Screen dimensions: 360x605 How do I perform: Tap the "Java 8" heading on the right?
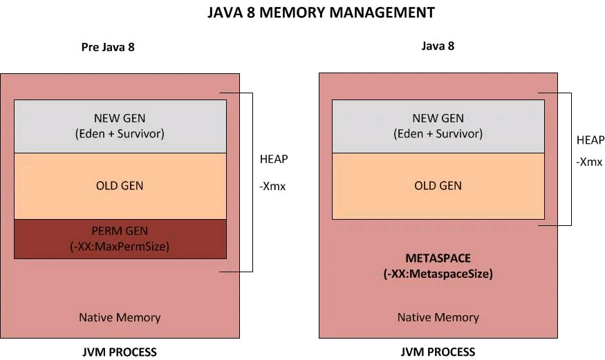coord(438,46)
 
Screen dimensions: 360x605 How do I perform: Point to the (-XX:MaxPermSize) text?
coord(120,246)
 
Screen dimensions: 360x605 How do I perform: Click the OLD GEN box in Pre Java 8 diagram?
coord(120,186)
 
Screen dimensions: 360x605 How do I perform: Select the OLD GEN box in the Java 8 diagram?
coord(438,186)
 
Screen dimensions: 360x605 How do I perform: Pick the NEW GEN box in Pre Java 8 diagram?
coord(120,126)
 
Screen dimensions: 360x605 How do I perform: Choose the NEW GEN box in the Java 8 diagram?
coord(438,126)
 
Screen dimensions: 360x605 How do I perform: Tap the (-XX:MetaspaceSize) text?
coord(438,274)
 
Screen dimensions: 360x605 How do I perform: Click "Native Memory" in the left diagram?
coord(120,318)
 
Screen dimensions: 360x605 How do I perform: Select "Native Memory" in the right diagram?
coord(438,318)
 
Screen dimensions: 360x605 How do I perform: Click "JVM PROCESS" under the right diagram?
coord(438,352)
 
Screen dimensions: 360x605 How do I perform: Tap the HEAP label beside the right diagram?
coord(590,140)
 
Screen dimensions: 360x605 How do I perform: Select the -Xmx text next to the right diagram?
coord(589,162)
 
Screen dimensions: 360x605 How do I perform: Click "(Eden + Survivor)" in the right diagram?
coord(438,133)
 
